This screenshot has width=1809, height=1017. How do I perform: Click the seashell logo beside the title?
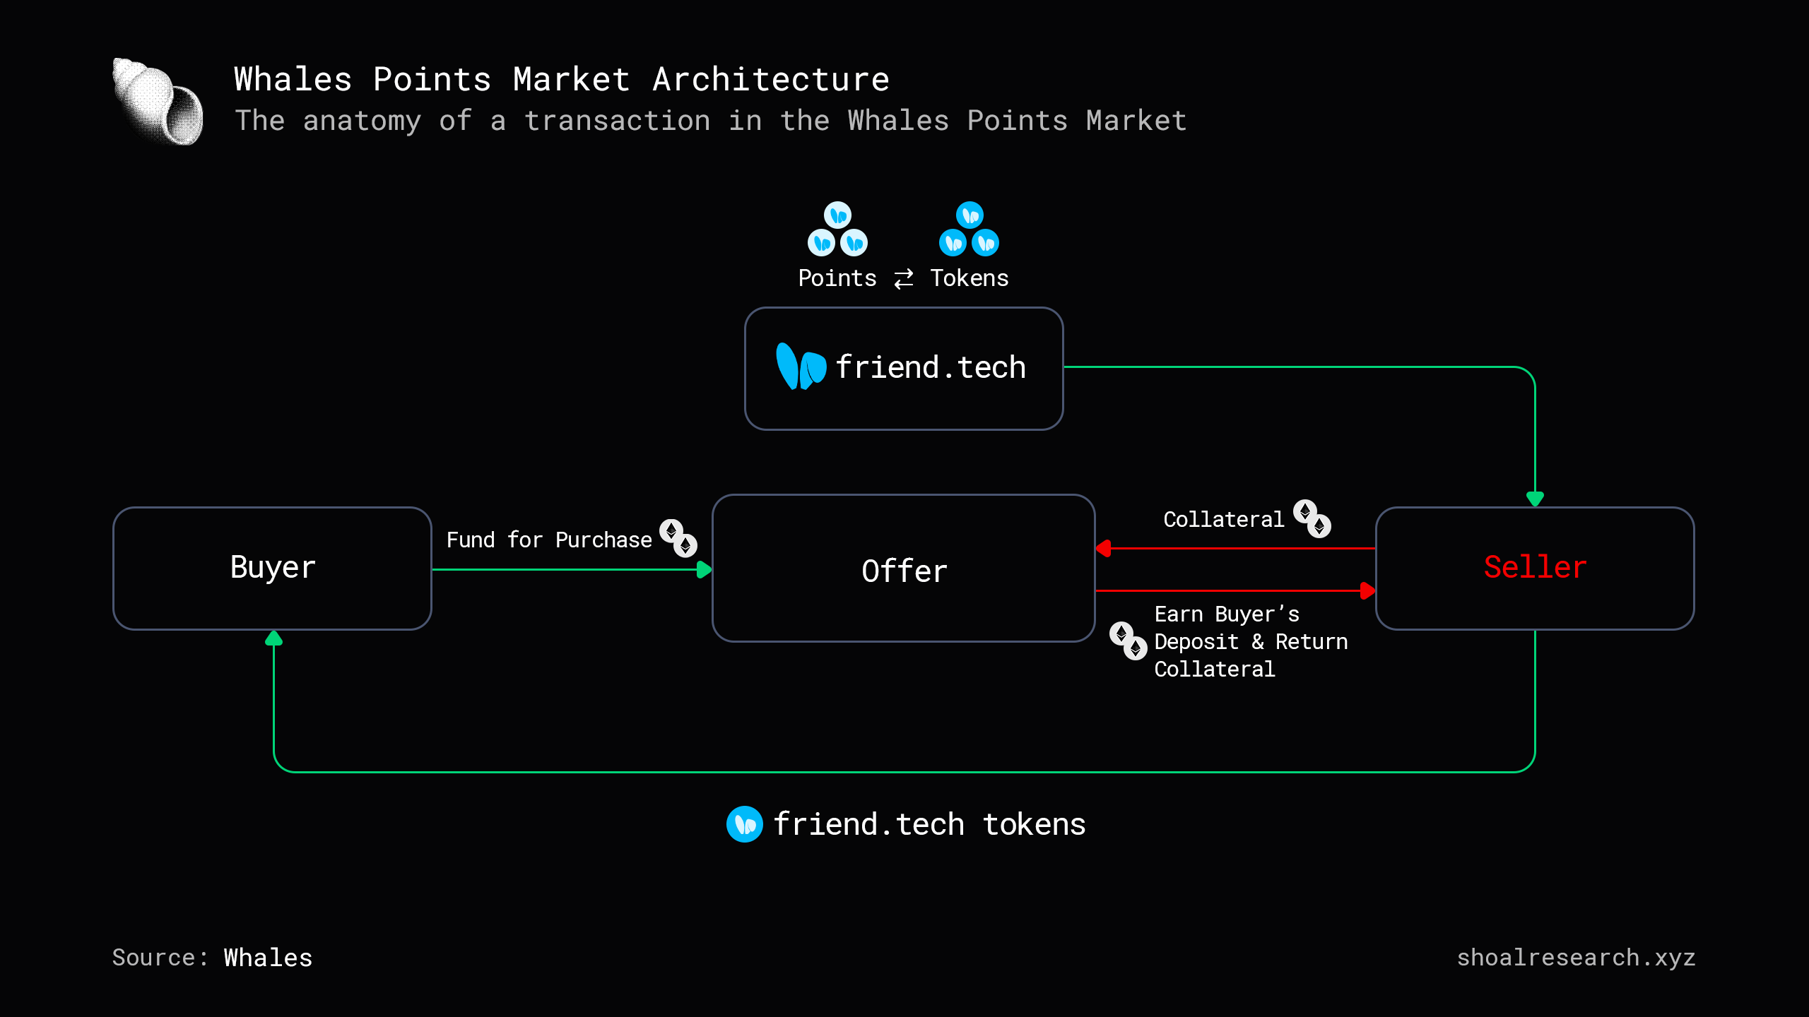[x=158, y=102]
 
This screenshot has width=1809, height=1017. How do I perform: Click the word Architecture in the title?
[x=770, y=79]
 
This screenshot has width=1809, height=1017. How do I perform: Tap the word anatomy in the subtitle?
[x=361, y=121]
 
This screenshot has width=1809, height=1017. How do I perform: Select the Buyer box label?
[x=273, y=568]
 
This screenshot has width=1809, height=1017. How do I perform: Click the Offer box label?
[x=904, y=571]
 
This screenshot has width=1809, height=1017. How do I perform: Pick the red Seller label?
[x=1535, y=567]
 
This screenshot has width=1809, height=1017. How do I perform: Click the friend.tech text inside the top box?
[x=930, y=368]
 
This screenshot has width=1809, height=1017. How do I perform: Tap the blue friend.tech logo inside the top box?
[x=801, y=367]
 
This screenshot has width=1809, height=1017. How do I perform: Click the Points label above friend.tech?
[x=837, y=278]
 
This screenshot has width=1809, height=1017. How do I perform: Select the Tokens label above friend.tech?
[x=969, y=278]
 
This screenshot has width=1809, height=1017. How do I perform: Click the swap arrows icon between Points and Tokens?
[x=904, y=279]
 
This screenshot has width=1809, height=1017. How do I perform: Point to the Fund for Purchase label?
[x=548, y=540]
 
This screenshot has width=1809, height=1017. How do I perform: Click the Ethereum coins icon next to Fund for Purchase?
[x=678, y=538]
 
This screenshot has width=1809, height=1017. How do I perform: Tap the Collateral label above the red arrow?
[x=1223, y=520]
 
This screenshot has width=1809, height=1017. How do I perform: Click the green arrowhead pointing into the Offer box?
[x=704, y=570]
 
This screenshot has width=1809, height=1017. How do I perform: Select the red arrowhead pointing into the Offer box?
[x=1103, y=548]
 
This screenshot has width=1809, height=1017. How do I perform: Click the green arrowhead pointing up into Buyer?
[x=273, y=639]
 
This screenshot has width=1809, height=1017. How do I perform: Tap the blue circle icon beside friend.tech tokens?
[x=744, y=824]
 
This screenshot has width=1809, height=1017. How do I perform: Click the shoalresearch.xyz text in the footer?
[x=1576, y=958]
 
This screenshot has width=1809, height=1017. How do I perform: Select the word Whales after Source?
[x=268, y=958]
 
